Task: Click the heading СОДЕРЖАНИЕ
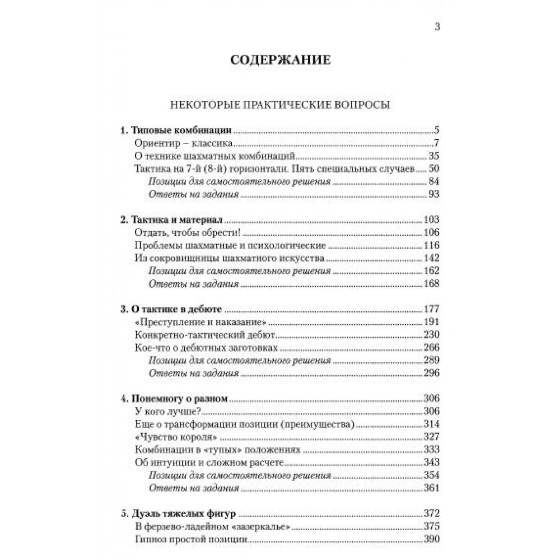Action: point(280,60)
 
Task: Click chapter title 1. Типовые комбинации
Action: point(176,131)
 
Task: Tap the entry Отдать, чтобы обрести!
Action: point(179,233)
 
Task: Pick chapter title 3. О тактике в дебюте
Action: point(172,309)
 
